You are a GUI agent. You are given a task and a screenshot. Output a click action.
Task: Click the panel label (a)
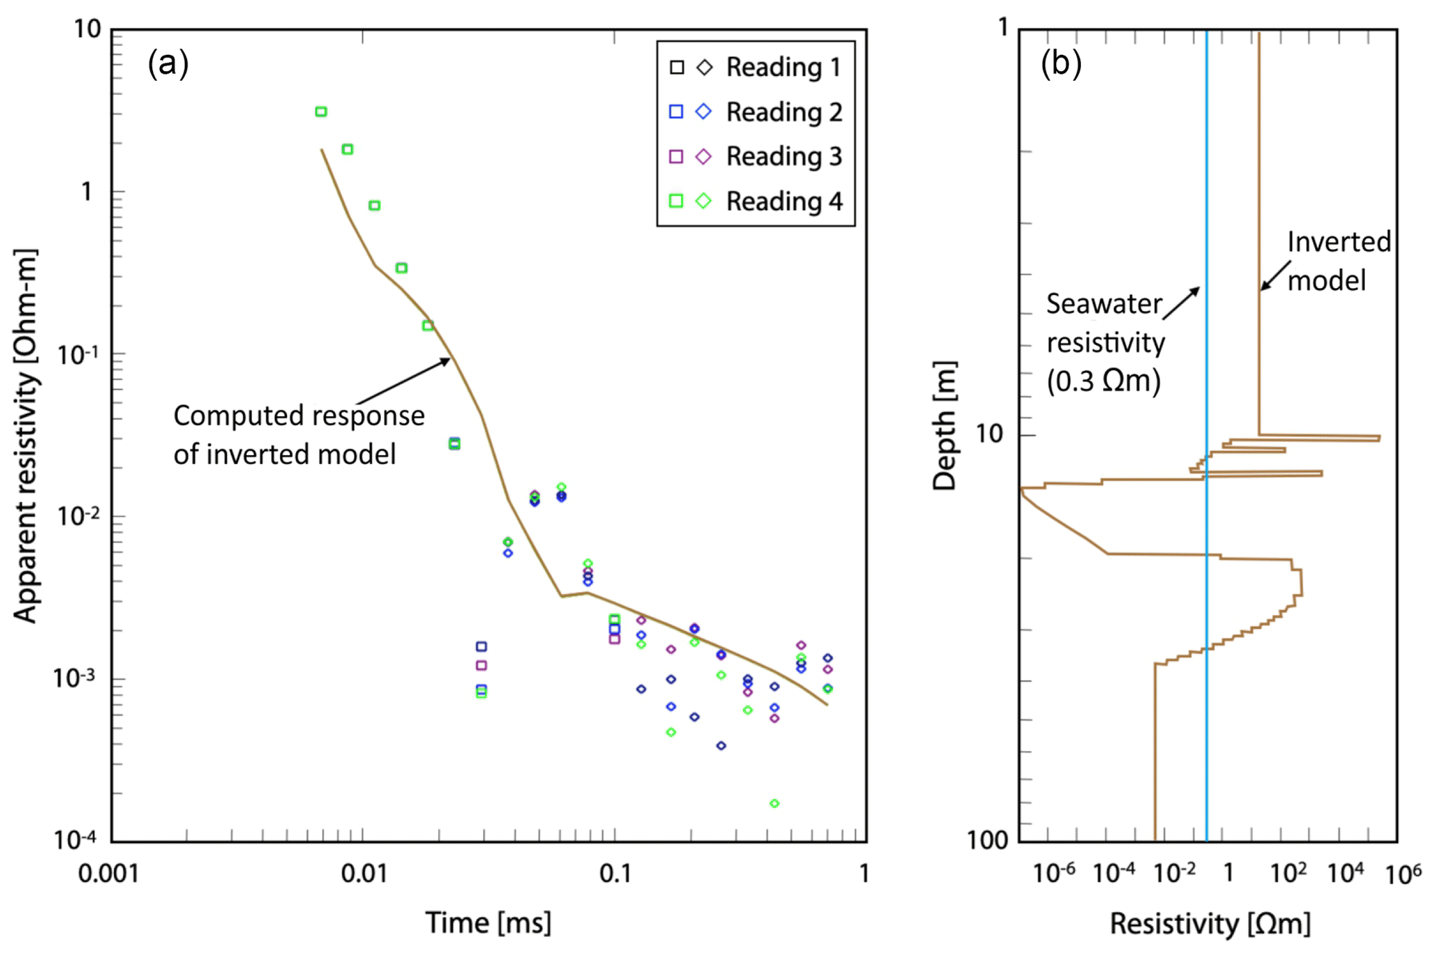[168, 64]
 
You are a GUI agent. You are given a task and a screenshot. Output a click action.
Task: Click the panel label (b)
[1061, 64]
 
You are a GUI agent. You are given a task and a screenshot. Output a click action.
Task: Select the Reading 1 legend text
[784, 67]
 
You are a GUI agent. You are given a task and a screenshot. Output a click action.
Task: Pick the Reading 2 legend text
[784, 112]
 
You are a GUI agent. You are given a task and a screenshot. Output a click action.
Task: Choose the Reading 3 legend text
[784, 157]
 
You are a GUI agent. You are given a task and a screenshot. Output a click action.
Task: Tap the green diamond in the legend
[704, 201]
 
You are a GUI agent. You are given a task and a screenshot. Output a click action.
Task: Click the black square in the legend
[676, 67]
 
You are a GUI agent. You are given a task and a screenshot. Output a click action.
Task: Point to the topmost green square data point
[320, 111]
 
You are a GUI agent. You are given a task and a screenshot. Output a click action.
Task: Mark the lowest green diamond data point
[774, 804]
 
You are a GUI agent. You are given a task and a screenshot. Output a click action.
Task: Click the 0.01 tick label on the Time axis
[364, 874]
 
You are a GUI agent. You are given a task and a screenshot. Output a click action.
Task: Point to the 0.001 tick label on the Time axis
[108, 874]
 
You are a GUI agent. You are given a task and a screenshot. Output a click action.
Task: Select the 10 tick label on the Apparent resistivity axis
[88, 29]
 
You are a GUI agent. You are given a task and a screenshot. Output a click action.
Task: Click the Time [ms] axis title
[488, 923]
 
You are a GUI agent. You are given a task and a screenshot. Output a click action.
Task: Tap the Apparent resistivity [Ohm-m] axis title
[26, 435]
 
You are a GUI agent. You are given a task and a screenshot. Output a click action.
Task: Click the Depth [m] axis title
[945, 426]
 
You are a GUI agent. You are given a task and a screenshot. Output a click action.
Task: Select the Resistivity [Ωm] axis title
[1210, 924]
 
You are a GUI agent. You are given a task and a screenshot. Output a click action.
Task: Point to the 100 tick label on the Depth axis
[987, 840]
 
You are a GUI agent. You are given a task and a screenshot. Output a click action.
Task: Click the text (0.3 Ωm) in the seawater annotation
[1103, 381]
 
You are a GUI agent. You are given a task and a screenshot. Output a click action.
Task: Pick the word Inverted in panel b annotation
[1338, 242]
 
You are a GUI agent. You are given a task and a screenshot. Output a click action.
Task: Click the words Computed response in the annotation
[299, 416]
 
